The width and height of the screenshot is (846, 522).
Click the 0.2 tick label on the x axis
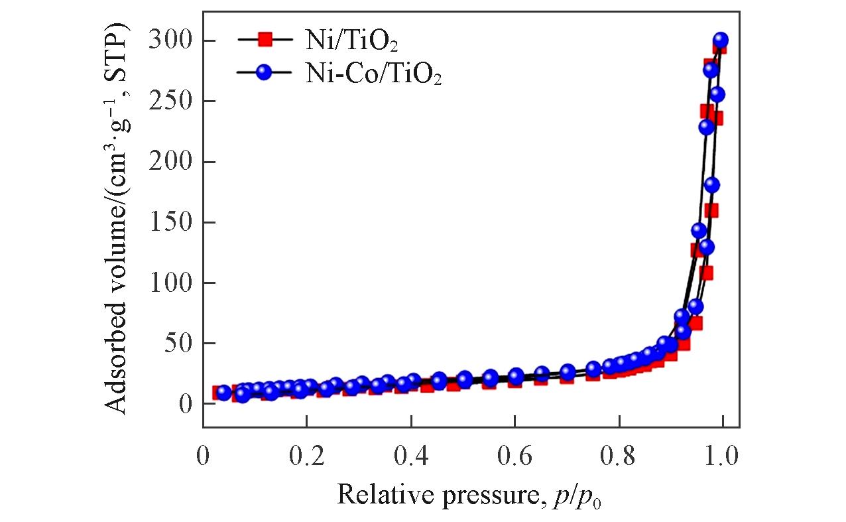(307, 458)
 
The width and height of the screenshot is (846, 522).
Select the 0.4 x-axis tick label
(410, 458)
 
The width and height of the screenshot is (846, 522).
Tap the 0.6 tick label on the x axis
(514, 458)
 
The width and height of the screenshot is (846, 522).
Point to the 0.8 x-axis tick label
(619, 458)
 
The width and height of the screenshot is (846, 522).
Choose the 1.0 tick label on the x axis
(722, 458)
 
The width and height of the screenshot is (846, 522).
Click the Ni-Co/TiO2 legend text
(373, 75)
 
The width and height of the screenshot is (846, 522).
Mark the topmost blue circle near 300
(721, 40)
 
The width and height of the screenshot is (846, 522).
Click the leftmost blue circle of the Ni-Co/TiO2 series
(224, 393)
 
